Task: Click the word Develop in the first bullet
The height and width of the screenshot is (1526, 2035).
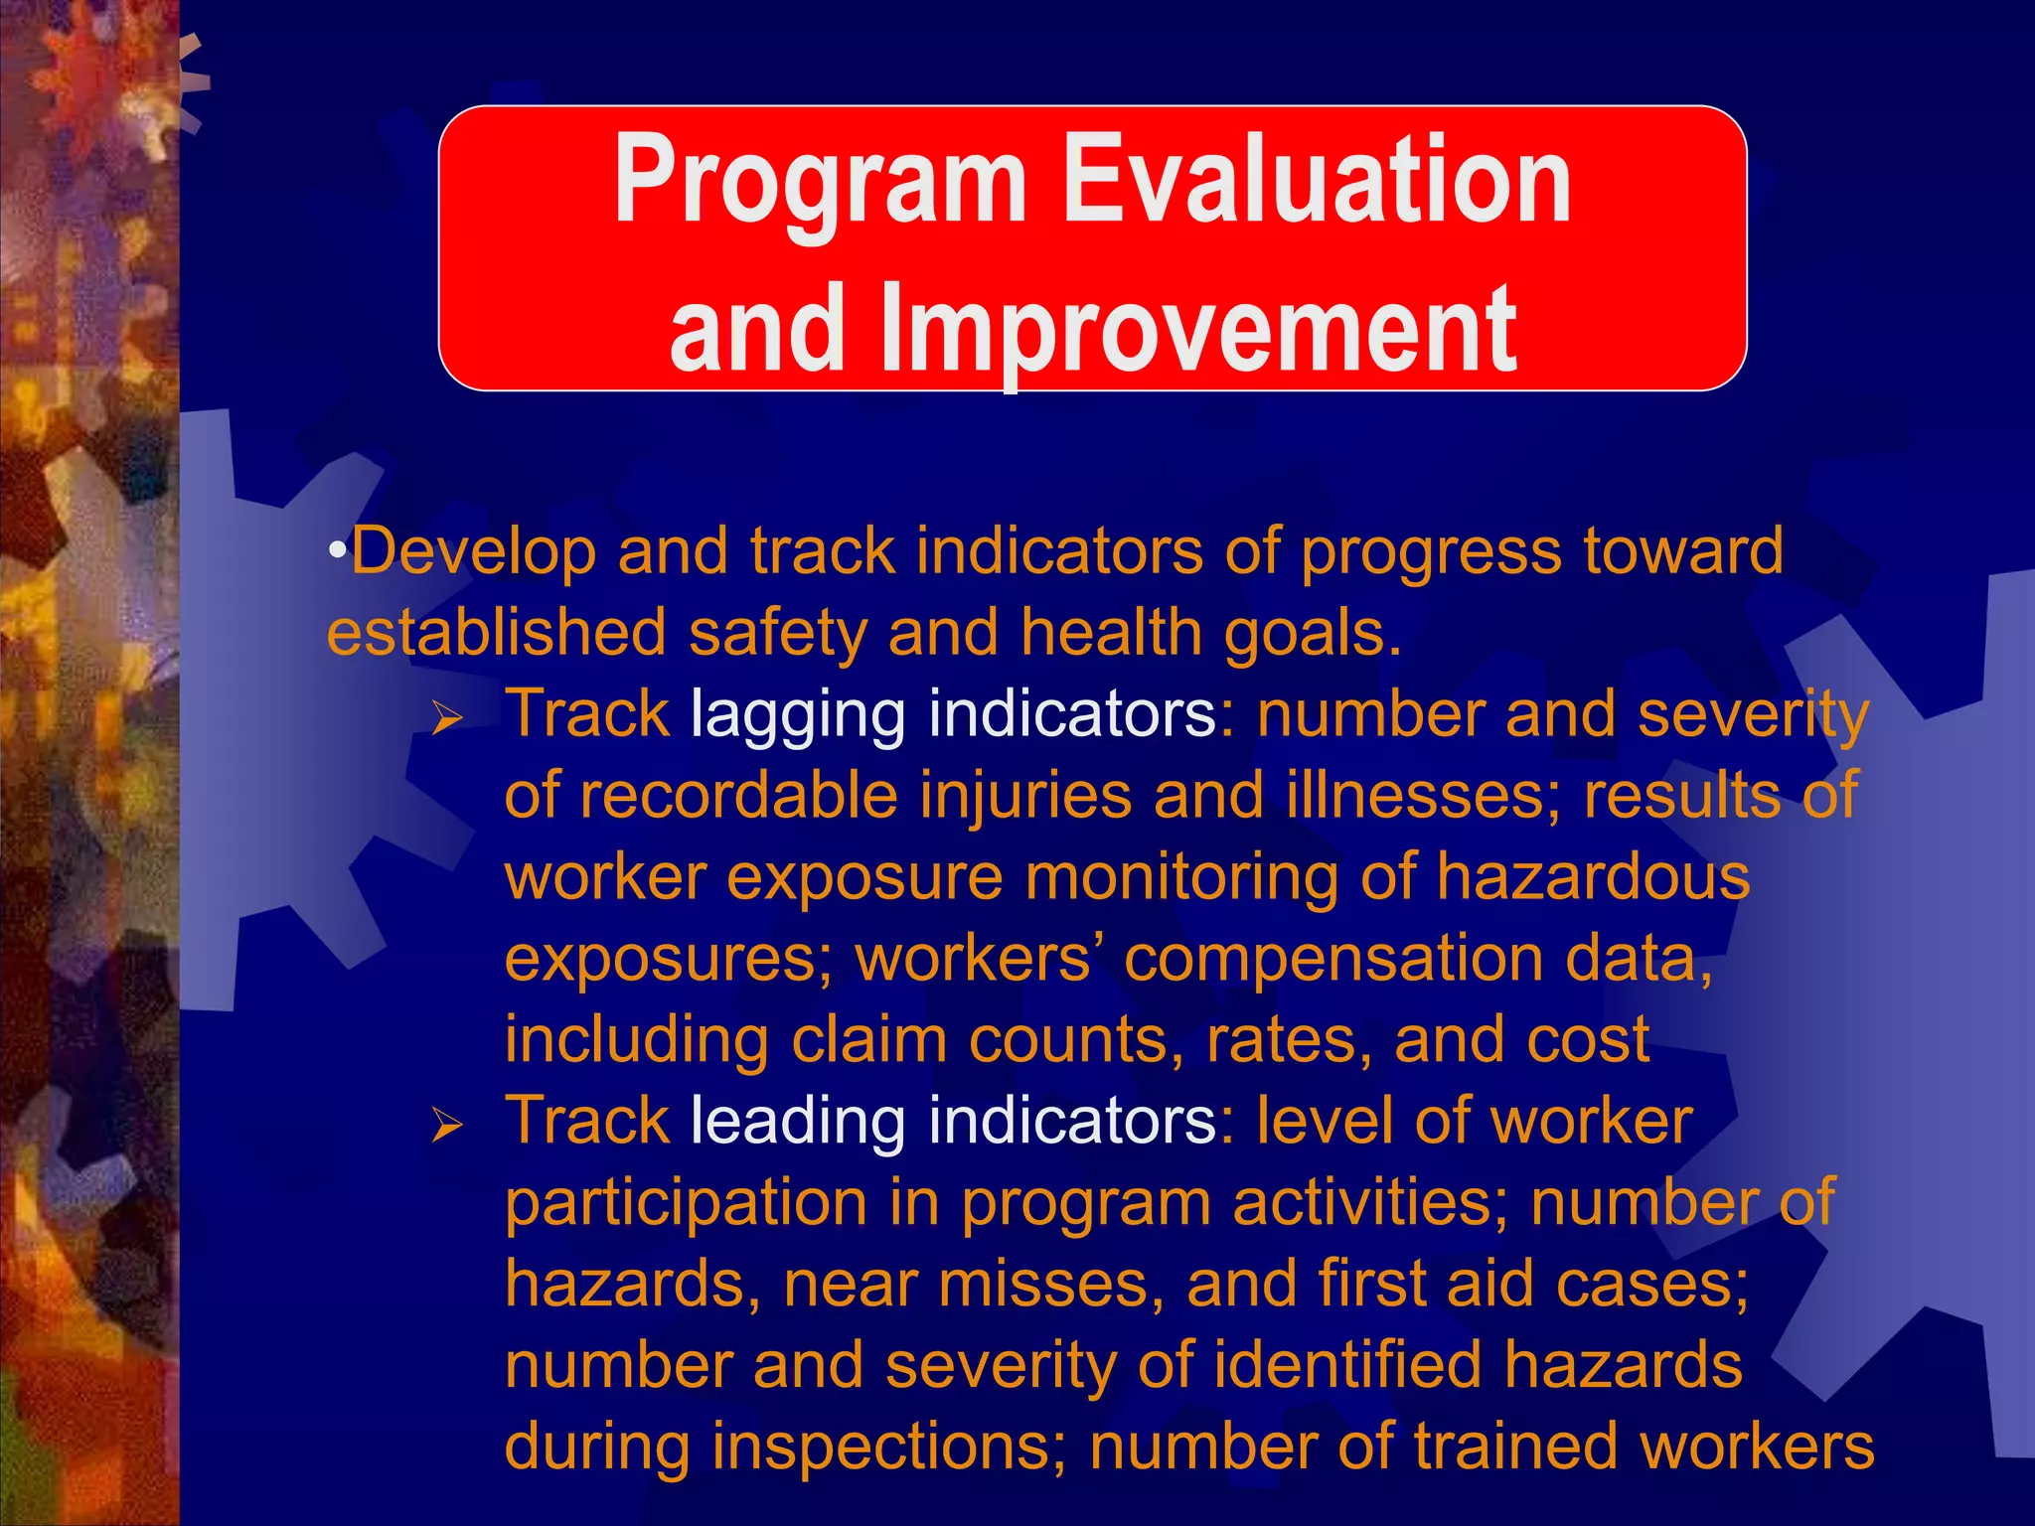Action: click(x=473, y=551)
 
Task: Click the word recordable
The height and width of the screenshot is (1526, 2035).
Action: click(x=738, y=797)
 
